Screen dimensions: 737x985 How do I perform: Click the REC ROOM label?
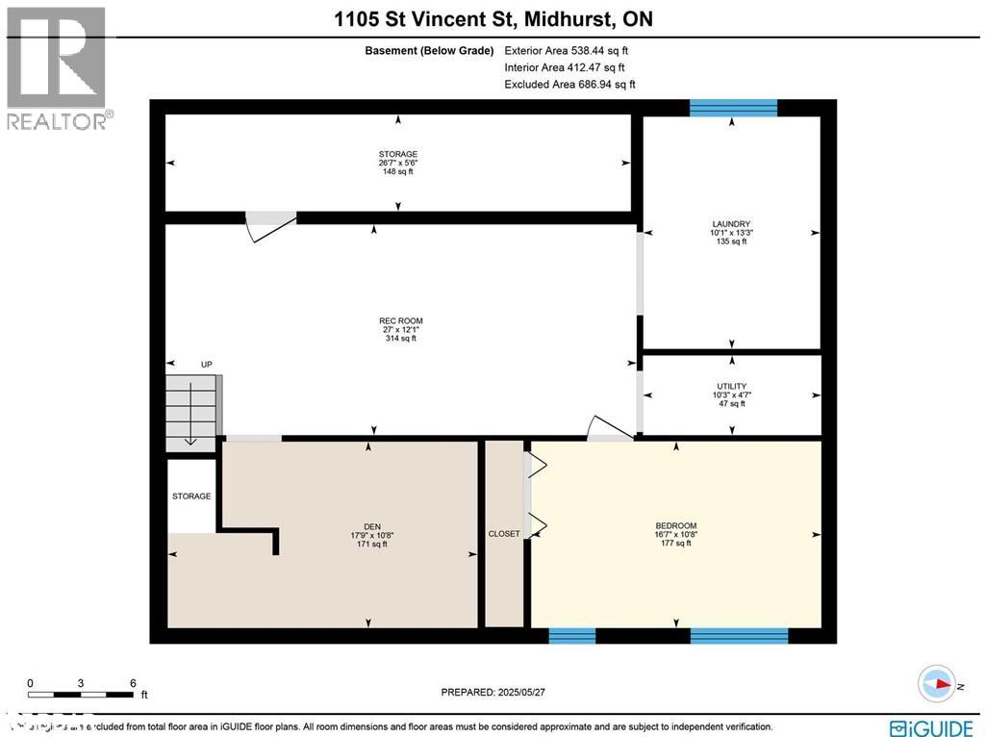[401, 321]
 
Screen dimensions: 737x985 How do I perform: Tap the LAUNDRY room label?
[731, 223]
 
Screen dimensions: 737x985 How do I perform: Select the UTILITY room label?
[731, 387]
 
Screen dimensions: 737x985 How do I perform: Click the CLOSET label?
[503, 534]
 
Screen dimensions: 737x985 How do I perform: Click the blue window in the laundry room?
[733, 107]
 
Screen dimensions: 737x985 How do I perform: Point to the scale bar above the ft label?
[81, 694]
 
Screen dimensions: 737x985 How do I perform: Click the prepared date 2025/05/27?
[499, 692]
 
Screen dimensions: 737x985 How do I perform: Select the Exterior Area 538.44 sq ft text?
[567, 51]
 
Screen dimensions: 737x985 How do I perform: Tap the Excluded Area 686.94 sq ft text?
[569, 85]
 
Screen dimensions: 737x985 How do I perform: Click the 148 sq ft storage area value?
[397, 172]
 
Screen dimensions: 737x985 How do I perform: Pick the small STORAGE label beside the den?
[191, 496]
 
